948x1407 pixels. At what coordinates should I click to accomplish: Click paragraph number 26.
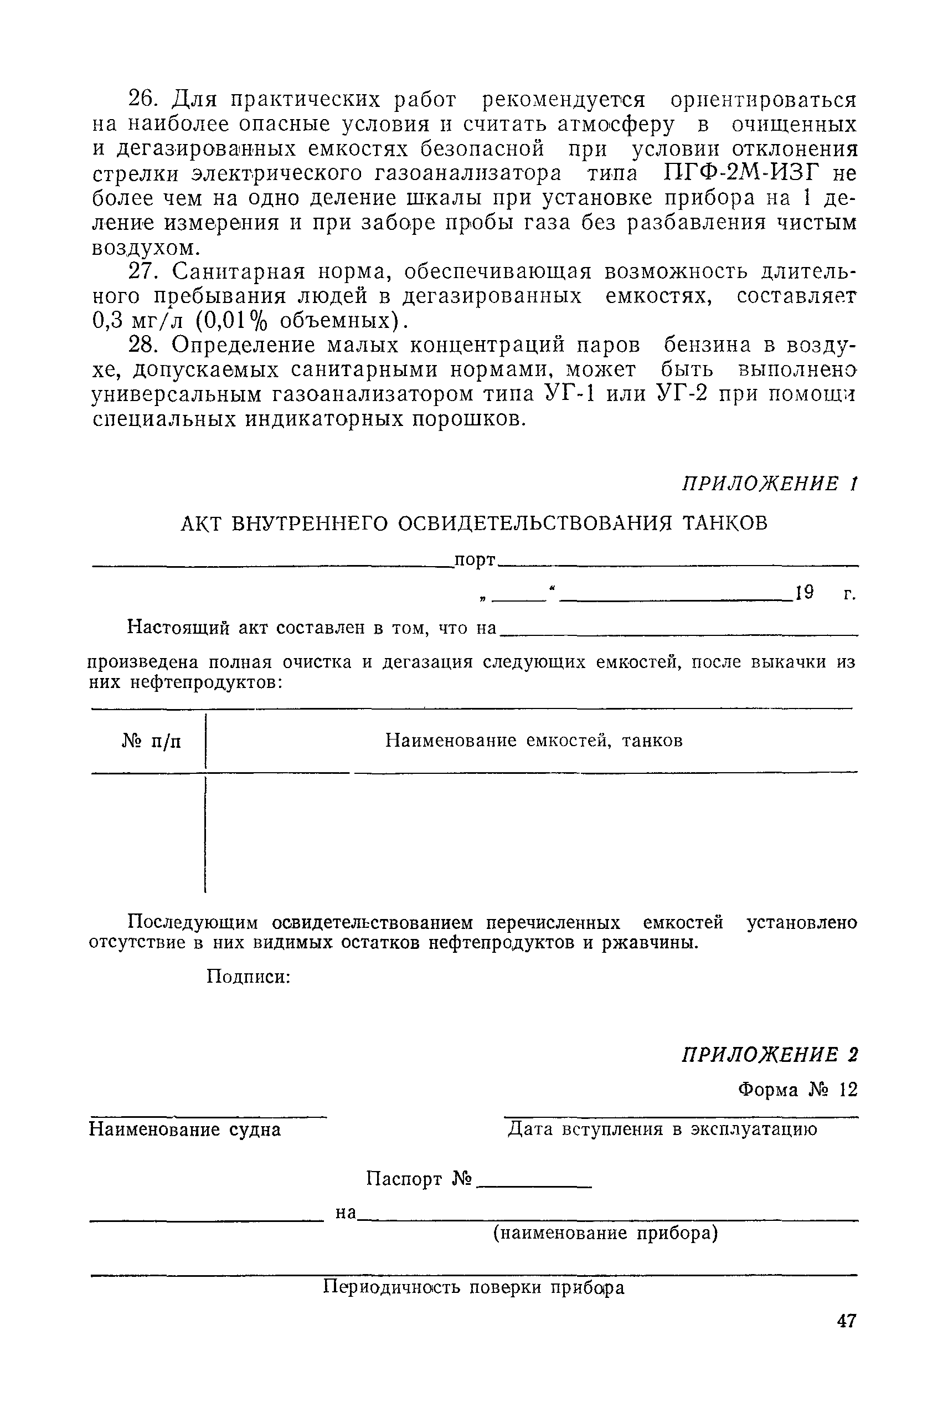(x=143, y=99)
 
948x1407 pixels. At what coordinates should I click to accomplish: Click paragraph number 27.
(x=143, y=271)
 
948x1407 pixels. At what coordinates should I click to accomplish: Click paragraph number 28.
(x=143, y=345)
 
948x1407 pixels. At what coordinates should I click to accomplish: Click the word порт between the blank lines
(x=475, y=561)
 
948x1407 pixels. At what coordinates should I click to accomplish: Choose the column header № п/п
(x=151, y=741)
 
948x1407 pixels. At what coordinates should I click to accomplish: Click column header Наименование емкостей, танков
(x=534, y=741)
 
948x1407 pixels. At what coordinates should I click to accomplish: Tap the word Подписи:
(x=249, y=976)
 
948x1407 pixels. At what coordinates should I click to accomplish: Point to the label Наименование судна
(x=185, y=1129)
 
